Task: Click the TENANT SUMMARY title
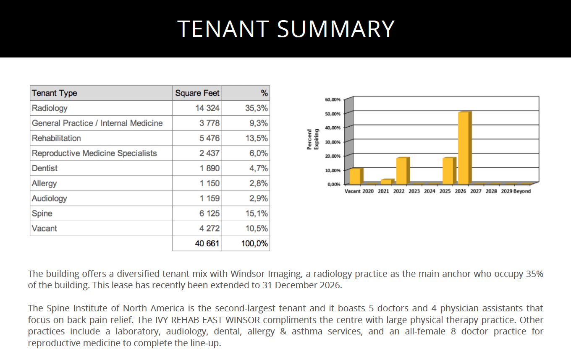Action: click(285, 29)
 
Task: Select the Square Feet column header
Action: click(197, 93)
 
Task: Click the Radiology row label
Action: click(50, 108)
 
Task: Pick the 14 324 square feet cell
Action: click(207, 108)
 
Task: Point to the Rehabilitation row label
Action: click(56, 138)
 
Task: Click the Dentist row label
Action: click(45, 169)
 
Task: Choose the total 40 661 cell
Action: click(207, 244)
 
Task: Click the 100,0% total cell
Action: click(254, 244)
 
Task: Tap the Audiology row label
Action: click(49, 198)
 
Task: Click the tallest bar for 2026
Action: click(464, 148)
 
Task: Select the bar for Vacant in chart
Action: click(355, 176)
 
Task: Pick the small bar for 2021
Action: click(386, 181)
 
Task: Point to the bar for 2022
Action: click(402, 170)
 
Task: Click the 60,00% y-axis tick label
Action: click(333, 99)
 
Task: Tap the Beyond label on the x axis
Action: click(522, 191)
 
